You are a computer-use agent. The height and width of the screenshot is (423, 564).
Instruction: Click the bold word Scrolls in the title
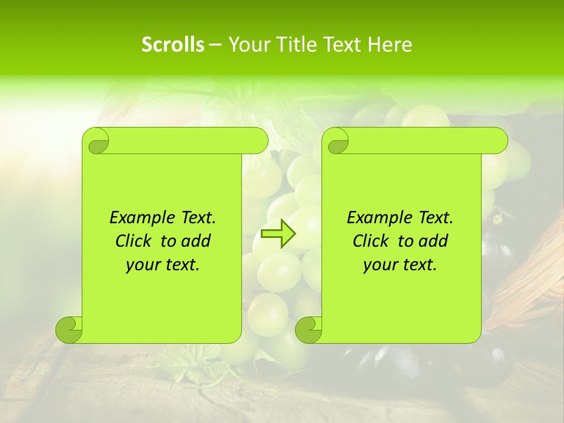point(173,45)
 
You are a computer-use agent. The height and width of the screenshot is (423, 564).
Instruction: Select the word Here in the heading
point(390,45)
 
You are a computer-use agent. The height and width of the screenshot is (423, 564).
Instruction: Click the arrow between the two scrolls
point(278,234)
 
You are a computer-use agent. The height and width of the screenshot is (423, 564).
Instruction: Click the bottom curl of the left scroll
point(69,329)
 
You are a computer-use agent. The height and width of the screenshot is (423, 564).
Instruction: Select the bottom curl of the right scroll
point(308,329)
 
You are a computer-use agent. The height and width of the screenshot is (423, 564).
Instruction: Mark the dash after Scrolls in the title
point(216,45)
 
